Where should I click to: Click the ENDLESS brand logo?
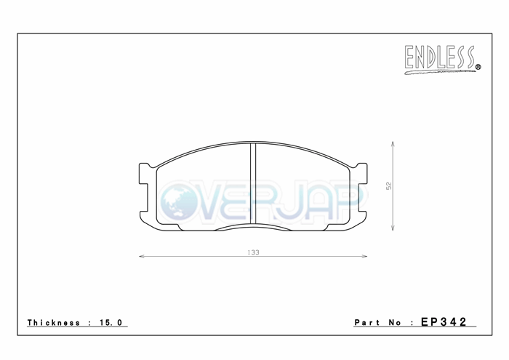(442, 60)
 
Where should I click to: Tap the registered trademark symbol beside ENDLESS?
(478, 67)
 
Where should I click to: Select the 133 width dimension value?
(253, 252)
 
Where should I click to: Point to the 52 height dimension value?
(389, 185)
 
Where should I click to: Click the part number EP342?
(444, 321)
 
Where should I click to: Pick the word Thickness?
(54, 323)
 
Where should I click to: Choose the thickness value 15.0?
(111, 323)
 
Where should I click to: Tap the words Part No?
(378, 323)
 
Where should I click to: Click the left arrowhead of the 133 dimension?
(141, 257)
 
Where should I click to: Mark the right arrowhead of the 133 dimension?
(364, 257)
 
